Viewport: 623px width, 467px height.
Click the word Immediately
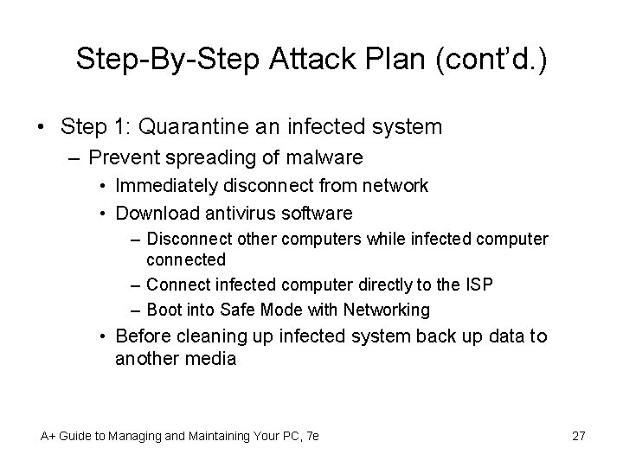tap(167, 186)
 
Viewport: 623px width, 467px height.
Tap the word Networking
tap(385, 309)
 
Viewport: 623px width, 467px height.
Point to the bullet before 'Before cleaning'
tap(102, 336)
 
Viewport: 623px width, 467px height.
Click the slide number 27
tap(579, 436)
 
